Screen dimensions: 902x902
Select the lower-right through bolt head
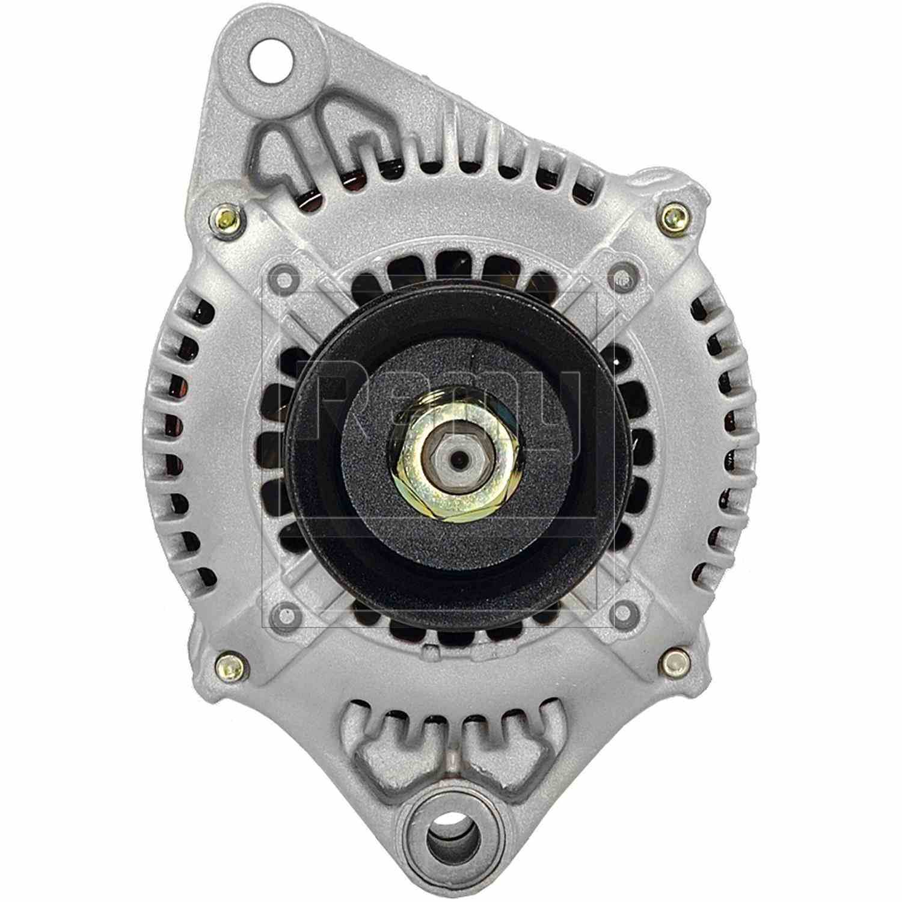(x=675, y=662)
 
